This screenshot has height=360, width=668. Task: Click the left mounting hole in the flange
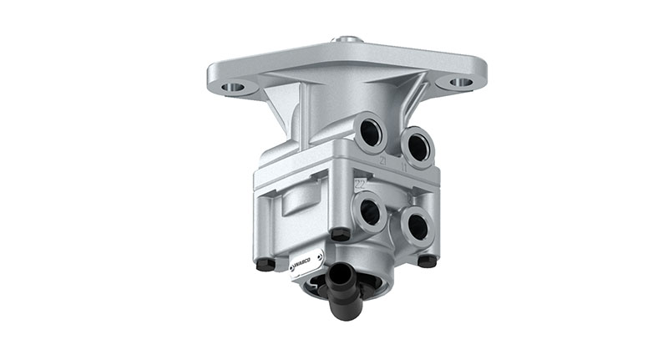click(235, 86)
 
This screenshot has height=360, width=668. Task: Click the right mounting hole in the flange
click(460, 83)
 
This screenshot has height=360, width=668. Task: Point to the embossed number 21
click(382, 159)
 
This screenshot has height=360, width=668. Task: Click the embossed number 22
click(361, 184)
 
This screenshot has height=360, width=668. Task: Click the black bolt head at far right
click(428, 261)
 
